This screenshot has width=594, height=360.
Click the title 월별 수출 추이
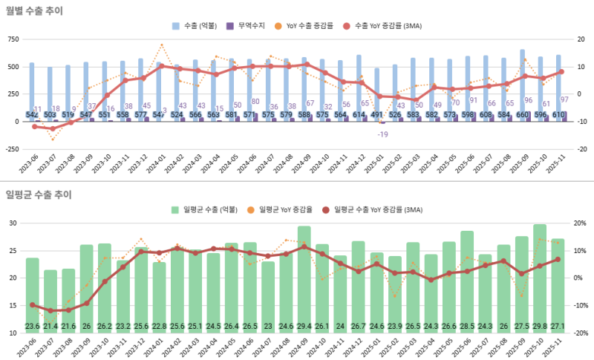pyautogui.click(x=34, y=11)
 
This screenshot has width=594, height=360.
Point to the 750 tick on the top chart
pyautogui.click(x=13, y=39)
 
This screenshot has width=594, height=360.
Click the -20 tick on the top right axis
pyautogui.click(x=582, y=148)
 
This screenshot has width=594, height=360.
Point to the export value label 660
pyautogui.click(x=522, y=115)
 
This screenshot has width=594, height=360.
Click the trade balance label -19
pyautogui.click(x=382, y=134)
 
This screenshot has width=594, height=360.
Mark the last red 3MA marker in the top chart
pyautogui.click(x=561, y=72)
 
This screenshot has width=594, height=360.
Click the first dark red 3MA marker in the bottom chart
pyautogui.click(x=33, y=305)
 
